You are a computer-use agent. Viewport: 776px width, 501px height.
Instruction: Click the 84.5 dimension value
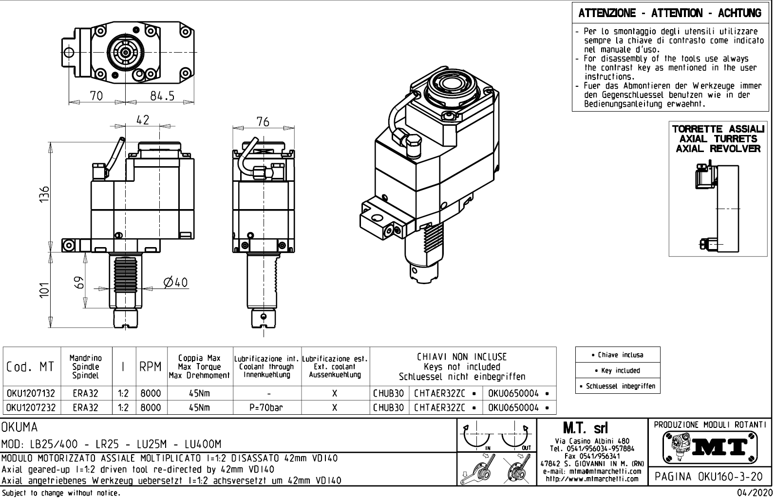point(162,96)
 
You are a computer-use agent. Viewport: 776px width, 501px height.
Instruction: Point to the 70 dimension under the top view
point(96,96)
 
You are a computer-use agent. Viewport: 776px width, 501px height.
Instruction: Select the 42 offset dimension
point(142,120)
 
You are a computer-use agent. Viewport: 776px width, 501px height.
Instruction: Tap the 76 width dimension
point(263,122)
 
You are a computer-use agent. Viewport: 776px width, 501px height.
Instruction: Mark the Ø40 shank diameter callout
point(175,283)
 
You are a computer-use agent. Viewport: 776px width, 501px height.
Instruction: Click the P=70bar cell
point(267,407)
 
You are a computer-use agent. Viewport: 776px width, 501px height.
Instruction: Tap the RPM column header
point(151,367)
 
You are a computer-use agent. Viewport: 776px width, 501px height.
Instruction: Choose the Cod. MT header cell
point(31,367)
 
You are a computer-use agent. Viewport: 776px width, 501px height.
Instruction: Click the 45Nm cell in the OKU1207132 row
point(200,393)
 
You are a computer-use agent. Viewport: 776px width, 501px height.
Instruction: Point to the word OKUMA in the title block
point(19,427)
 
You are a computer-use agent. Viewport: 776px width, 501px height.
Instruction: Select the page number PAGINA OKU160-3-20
point(710,476)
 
